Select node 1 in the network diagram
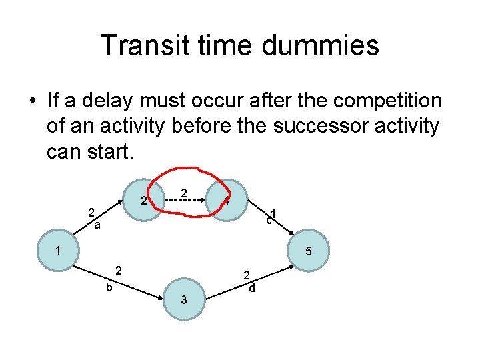pos(59,252)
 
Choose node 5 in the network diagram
pos(309,252)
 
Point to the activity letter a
pos(97,226)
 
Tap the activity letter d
pos(251,288)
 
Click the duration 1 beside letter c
pos(274,214)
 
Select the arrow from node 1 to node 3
pos(120,281)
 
